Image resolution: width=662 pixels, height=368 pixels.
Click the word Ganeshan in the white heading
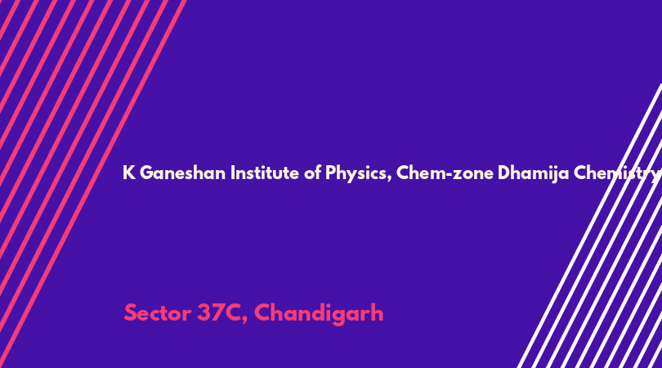pyautogui.click(x=182, y=173)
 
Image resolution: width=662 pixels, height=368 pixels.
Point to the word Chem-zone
pyautogui.click(x=445, y=173)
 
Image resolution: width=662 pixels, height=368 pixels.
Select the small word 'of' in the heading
pyautogui.click(x=312, y=173)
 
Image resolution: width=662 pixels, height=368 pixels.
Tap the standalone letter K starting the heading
pyautogui.click(x=129, y=173)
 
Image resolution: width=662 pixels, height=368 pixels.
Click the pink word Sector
pyautogui.click(x=158, y=313)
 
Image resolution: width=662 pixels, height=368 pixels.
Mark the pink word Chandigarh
pyautogui.click(x=319, y=314)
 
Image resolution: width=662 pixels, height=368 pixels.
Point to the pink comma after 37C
pyautogui.click(x=245, y=320)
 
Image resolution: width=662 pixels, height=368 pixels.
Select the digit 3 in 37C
pyautogui.click(x=204, y=313)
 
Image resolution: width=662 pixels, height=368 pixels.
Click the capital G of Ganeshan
pyautogui.click(x=146, y=173)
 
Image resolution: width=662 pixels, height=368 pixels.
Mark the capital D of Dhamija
pyautogui.click(x=504, y=173)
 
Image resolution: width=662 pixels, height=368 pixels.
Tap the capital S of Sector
pyautogui.click(x=131, y=313)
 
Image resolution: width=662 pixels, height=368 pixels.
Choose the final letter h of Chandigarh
pyautogui.click(x=378, y=312)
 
